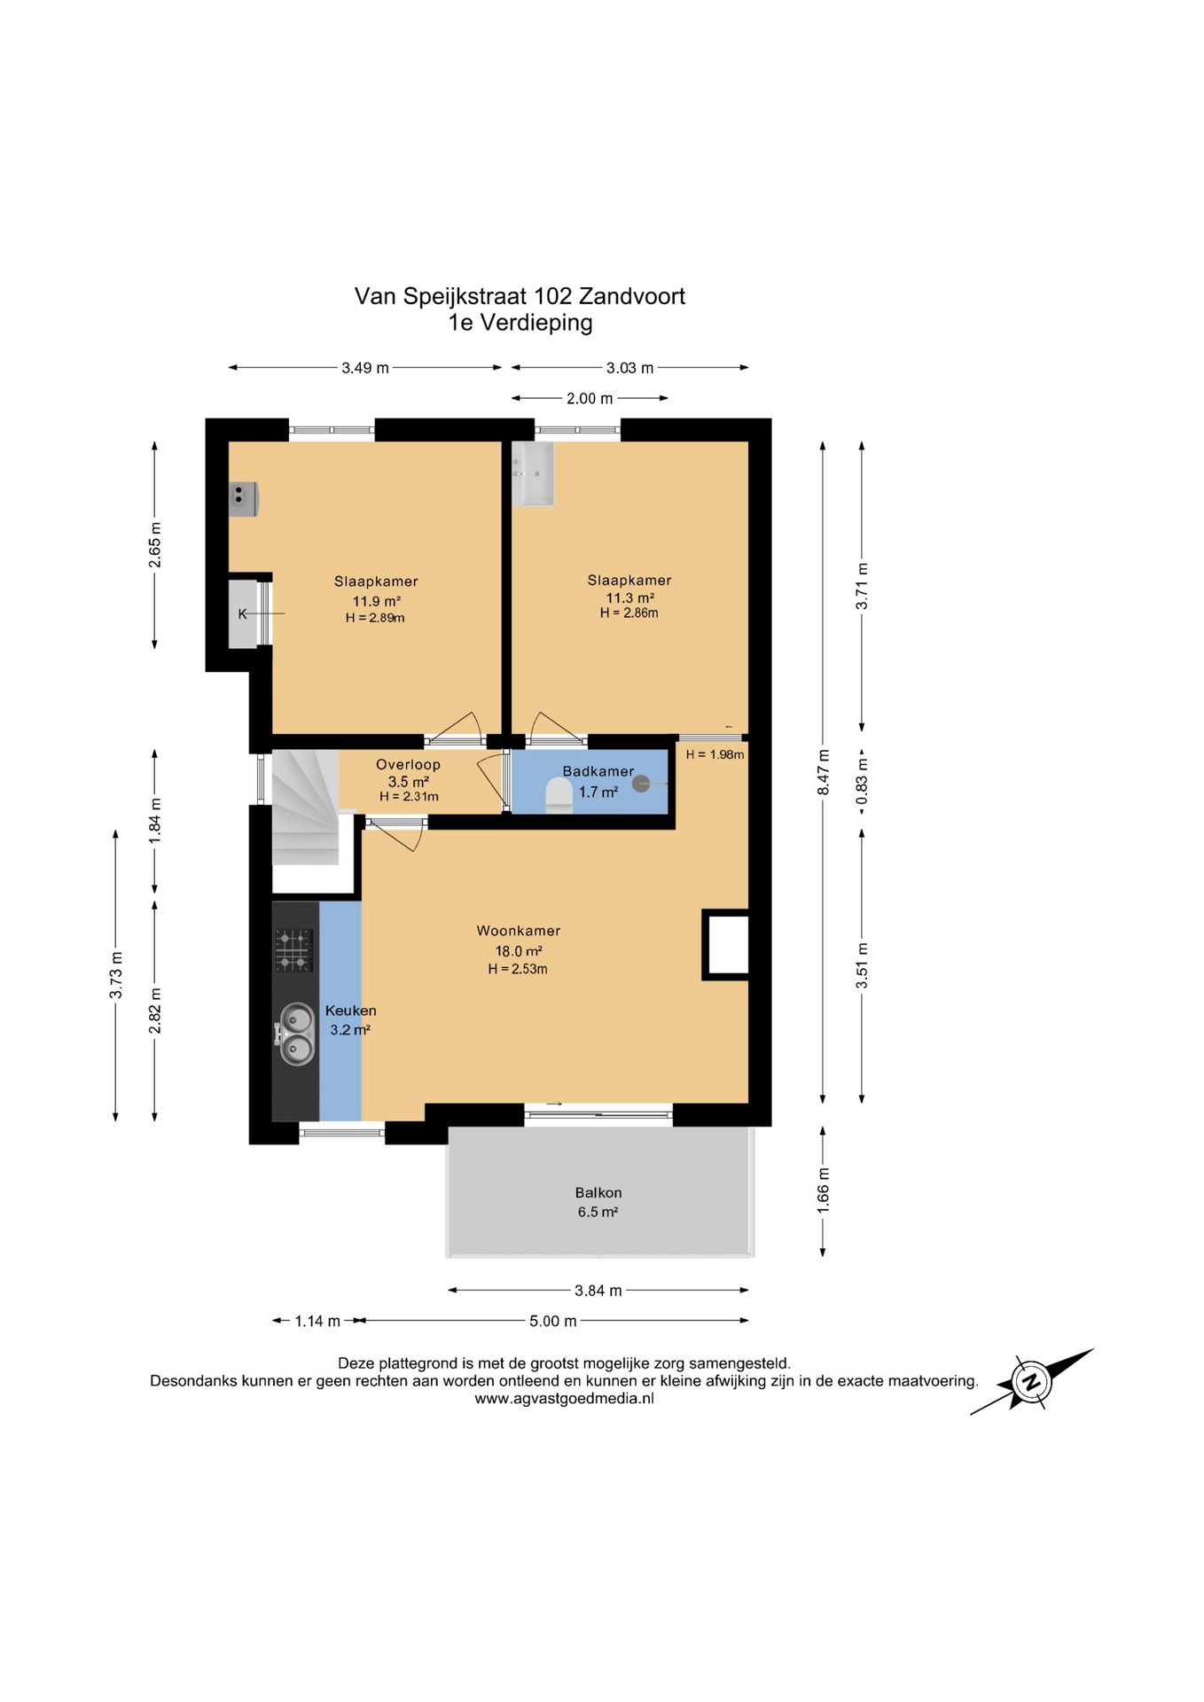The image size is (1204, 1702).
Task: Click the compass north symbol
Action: [x=1031, y=1381]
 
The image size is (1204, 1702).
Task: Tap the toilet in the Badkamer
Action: [x=559, y=795]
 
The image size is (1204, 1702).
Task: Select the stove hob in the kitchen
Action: [x=294, y=949]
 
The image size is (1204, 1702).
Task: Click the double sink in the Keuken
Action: [x=296, y=1034]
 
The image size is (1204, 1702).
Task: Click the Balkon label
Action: [x=598, y=1193]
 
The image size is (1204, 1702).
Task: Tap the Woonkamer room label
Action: [x=519, y=931]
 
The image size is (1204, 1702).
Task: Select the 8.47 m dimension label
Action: [x=824, y=772]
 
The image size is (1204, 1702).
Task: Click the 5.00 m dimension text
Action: [x=553, y=1321]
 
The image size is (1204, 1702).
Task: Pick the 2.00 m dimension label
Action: [x=590, y=399]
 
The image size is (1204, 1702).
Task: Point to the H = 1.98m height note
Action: [x=715, y=754]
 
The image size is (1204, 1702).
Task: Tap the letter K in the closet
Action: [x=242, y=613]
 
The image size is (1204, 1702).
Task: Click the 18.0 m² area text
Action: [x=519, y=951]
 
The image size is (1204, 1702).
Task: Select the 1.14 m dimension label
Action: [x=317, y=1321]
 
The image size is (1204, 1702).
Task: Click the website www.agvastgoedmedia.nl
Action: [x=564, y=1399]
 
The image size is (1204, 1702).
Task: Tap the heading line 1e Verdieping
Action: [x=520, y=323]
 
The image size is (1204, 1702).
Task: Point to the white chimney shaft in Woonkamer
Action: [x=725, y=945]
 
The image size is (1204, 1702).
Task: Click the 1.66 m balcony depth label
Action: [x=824, y=1191]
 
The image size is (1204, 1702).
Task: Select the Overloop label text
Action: [x=408, y=764]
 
